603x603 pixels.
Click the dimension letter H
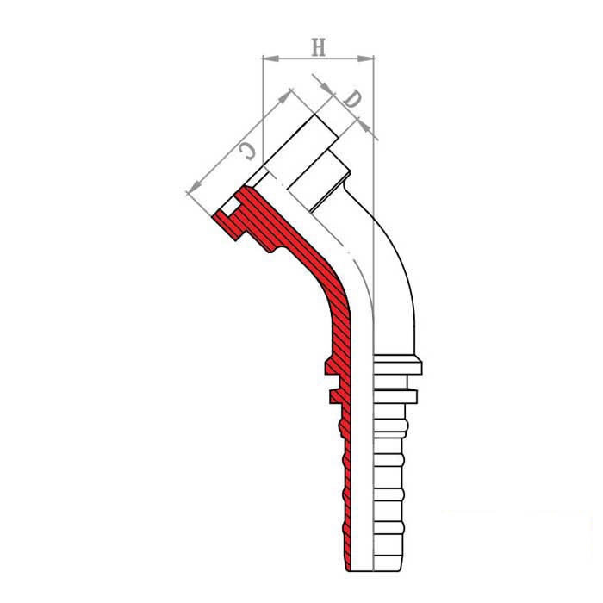click(x=319, y=47)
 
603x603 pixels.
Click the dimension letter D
click(x=351, y=99)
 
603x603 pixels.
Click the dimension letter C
click(x=247, y=151)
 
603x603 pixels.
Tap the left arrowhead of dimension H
click(x=270, y=59)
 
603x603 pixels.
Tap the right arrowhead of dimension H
click(x=365, y=59)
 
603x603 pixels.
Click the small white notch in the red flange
click(x=229, y=208)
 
